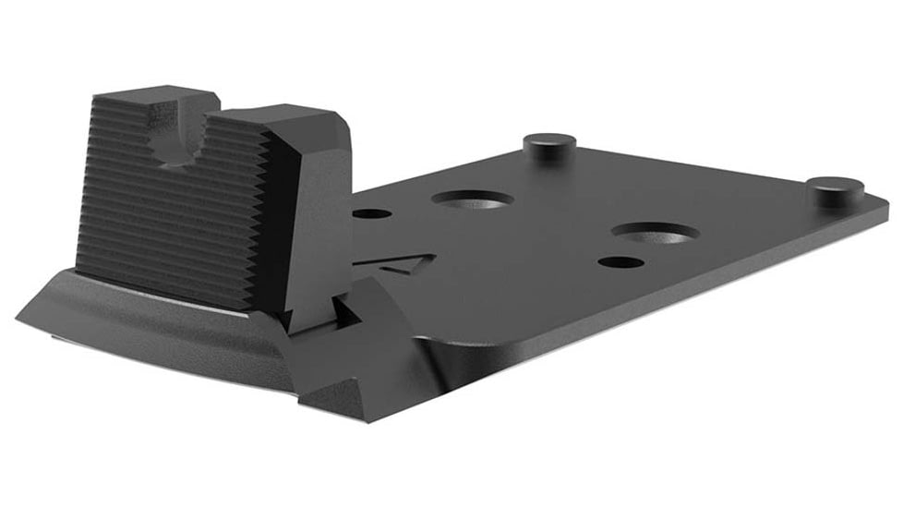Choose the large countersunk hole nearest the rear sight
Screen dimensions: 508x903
click(473, 198)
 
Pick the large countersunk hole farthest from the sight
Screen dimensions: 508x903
click(653, 233)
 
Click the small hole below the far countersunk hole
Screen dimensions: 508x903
click(620, 262)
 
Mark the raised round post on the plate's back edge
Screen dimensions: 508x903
click(549, 145)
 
